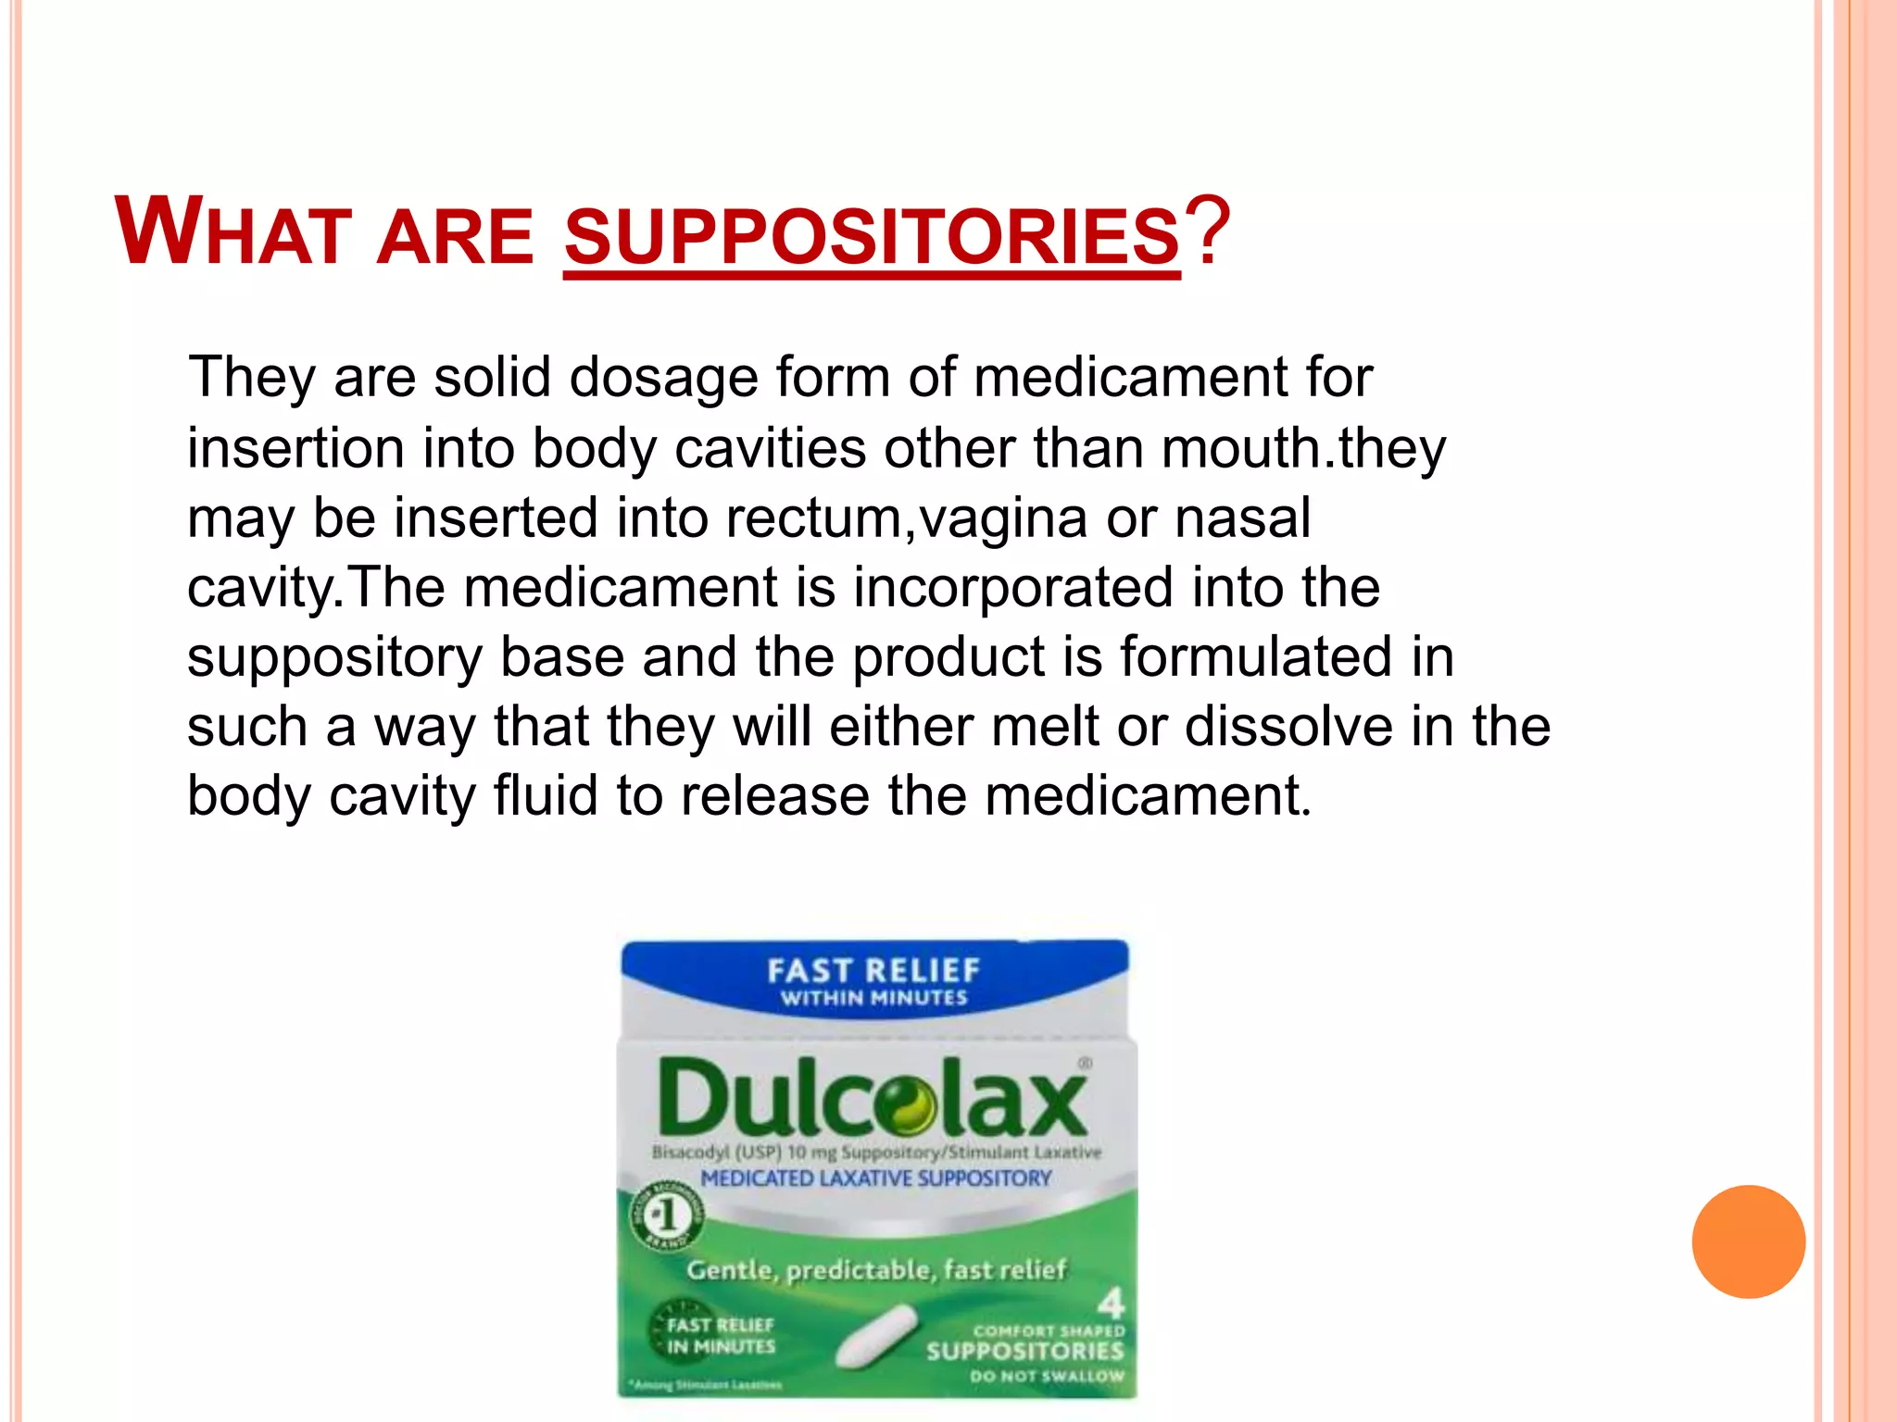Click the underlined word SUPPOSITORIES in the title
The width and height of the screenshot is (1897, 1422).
click(871, 235)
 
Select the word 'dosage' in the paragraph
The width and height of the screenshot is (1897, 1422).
click(662, 379)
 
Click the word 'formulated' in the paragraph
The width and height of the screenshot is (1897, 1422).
click(1255, 656)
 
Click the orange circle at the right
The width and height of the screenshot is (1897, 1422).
click(1748, 1241)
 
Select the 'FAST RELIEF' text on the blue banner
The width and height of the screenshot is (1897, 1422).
click(873, 970)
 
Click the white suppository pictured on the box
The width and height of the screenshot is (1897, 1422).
click(875, 1336)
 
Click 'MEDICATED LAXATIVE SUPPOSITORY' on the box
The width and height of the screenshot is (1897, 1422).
click(875, 1179)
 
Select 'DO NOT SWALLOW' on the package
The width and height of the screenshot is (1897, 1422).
click(1047, 1377)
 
